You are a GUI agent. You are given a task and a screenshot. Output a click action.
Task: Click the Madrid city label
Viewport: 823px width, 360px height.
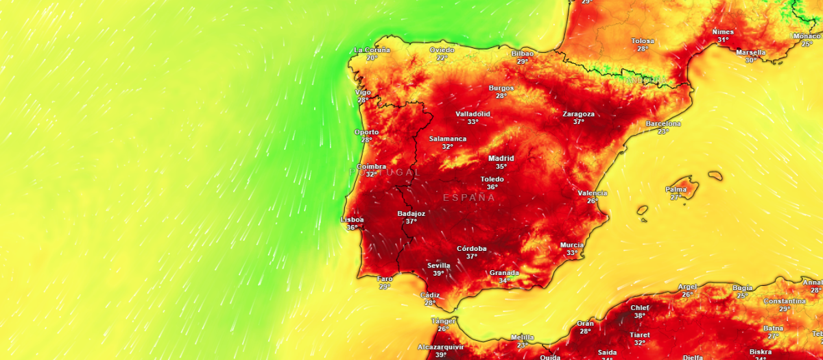[x=501, y=158]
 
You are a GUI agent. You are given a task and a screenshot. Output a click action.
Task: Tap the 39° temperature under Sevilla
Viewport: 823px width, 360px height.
[x=438, y=274]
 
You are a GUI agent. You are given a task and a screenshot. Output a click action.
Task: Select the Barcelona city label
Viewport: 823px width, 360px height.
[x=663, y=123]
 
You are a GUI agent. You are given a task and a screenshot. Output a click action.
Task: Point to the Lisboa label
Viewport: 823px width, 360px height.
[x=353, y=219]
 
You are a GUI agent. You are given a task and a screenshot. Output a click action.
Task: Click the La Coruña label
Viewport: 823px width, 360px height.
[x=372, y=50]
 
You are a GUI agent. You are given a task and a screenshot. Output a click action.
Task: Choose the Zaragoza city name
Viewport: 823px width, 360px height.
[x=578, y=114]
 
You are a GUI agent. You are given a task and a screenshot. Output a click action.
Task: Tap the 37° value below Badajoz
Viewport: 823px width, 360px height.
[x=411, y=221]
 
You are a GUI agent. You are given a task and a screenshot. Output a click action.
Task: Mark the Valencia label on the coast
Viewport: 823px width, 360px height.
[x=592, y=193]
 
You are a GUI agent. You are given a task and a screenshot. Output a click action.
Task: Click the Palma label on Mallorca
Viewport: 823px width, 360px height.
[x=676, y=189]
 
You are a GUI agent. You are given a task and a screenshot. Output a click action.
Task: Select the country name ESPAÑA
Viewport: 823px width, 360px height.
[x=468, y=197]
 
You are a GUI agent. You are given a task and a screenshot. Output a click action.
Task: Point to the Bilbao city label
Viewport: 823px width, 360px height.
[x=523, y=53]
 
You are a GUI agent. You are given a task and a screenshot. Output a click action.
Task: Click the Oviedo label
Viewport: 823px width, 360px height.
[x=442, y=50]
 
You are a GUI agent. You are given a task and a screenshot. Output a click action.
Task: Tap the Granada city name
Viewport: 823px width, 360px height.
[x=504, y=272]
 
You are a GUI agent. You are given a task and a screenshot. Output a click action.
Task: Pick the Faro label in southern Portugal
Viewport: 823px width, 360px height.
[x=385, y=279]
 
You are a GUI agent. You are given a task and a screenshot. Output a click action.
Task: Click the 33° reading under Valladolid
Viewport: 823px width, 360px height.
[x=473, y=122]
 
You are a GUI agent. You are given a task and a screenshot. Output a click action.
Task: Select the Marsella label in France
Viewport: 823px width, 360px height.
[x=751, y=52]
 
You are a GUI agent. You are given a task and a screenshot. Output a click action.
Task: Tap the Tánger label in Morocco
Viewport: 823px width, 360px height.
[x=443, y=321]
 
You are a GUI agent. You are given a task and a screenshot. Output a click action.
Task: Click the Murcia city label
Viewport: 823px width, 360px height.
[x=571, y=245]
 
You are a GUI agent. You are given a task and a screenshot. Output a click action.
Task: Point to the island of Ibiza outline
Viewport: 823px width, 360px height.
[x=643, y=211]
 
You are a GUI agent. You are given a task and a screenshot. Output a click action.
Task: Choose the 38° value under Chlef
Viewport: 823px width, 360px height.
[x=639, y=315]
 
